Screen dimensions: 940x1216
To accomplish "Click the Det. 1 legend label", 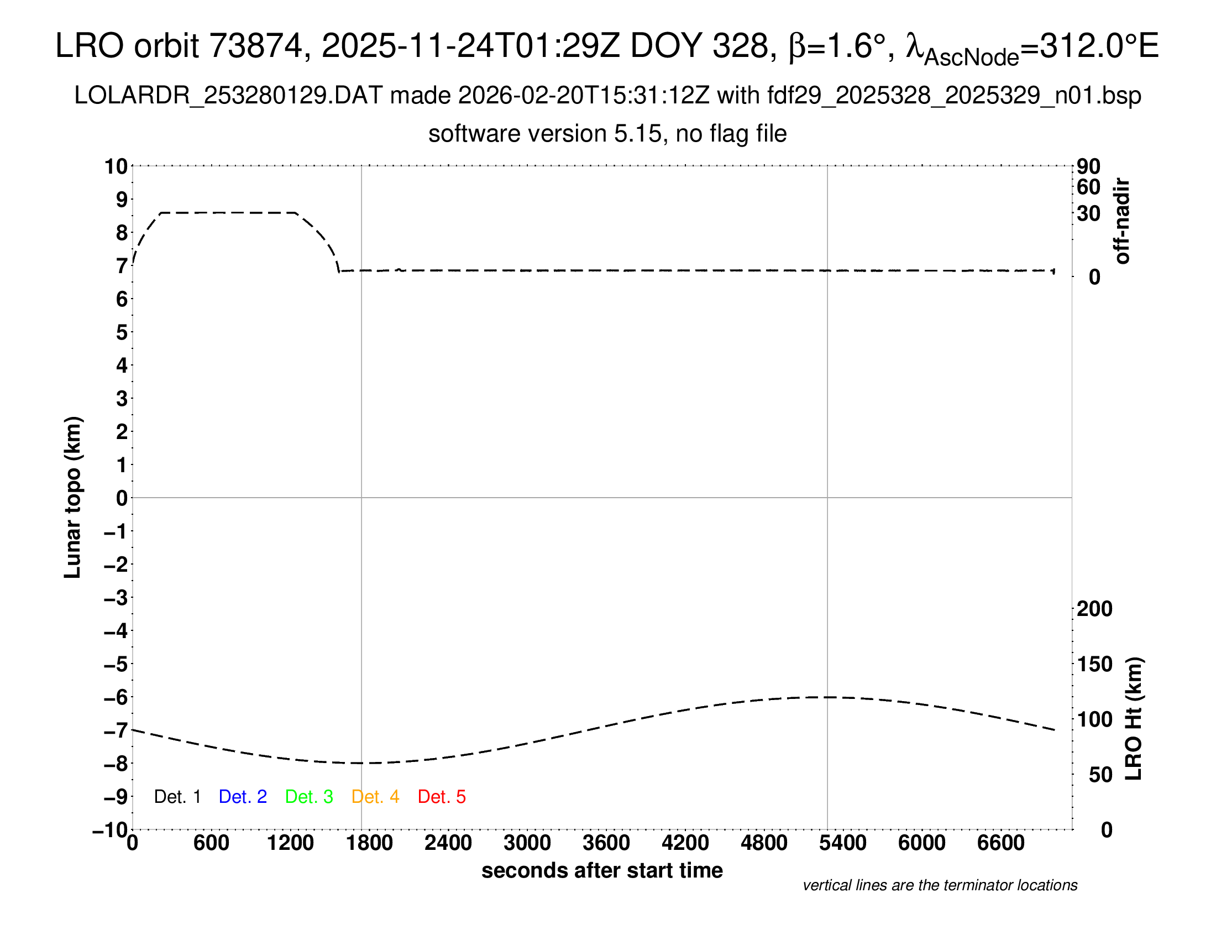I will point(177,797).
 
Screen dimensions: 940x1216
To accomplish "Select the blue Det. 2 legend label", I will point(243,797).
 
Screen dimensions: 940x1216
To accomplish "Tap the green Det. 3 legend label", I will point(309,797).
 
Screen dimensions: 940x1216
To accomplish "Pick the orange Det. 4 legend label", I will point(375,797).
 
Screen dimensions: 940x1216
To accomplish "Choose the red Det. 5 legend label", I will point(442,797).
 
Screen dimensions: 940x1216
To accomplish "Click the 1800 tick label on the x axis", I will point(369,843).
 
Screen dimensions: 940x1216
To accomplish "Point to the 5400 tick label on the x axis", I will point(843,843).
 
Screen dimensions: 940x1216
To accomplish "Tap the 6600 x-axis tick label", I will point(1000,843).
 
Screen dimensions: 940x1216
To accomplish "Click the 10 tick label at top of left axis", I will point(117,166).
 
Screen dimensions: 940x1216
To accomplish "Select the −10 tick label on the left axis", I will point(111,830).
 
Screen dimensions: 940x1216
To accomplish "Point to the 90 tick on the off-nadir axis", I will point(1088,166).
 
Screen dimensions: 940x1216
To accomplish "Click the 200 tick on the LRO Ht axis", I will point(1094,609).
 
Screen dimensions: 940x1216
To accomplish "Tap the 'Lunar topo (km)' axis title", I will point(73,497).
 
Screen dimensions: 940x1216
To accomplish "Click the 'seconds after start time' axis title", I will point(602,870).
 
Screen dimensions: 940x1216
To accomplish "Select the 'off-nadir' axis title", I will point(1123,221).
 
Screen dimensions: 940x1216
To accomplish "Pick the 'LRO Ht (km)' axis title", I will point(1134,719).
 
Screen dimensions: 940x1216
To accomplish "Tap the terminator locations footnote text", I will point(940,885).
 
